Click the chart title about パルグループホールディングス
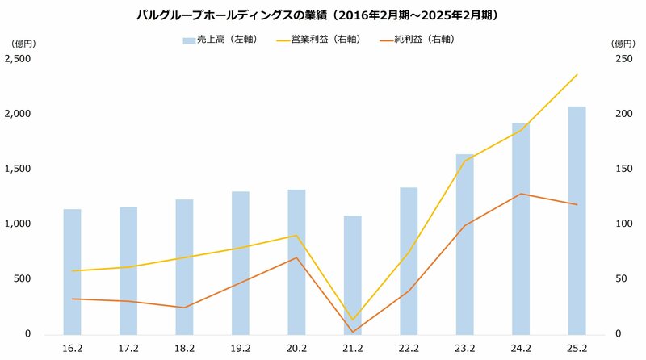click(322, 15)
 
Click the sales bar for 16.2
click(73, 272)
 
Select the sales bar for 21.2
click(352, 275)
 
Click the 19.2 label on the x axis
click(241, 350)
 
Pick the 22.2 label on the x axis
click(409, 350)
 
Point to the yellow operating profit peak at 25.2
click(577, 75)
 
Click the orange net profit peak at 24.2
click(521, 194)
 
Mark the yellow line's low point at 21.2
click(352, 320)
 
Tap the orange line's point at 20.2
click(296, 257)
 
